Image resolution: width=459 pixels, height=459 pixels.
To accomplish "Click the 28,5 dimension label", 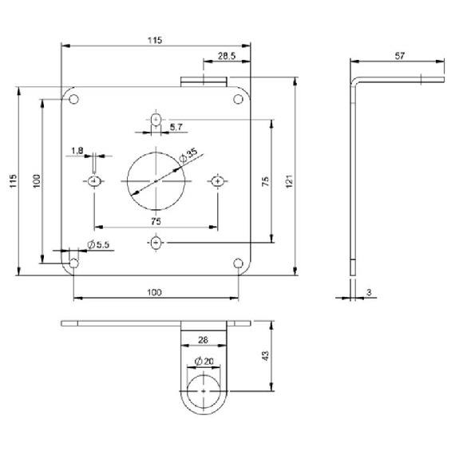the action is tap(227, 56).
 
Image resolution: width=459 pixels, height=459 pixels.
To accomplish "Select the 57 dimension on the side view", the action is tap(400, 56).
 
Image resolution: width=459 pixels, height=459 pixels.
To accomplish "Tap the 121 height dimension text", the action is tap(289, 181).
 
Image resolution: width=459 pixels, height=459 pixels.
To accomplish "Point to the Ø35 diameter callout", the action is tap(188, 156).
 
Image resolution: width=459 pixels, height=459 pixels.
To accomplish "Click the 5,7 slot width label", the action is tap(176, 127).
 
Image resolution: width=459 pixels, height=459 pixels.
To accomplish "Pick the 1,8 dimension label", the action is tap(77, 151).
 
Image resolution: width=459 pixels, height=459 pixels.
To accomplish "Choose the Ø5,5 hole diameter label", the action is tap(98, 244).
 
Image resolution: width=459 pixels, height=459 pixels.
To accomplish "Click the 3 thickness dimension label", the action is tap(369, 292).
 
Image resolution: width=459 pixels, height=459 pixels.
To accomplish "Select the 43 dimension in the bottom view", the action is tap(265, 356).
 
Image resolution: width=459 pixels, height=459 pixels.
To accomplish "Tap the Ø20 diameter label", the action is tap(204, 362).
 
